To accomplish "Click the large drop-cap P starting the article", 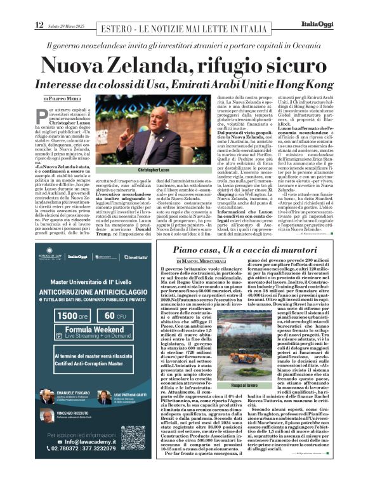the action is pyautogui.click(x=42, y=115).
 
